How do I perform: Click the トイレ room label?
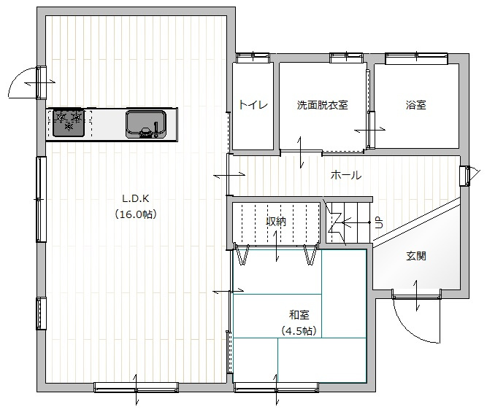[253, 105]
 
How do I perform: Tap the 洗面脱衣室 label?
[322, 105]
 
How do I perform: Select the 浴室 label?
[415, 105]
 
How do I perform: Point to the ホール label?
[345, 175]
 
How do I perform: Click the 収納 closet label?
[276, 221]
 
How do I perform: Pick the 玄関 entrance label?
[416, 256]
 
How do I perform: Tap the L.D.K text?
[136, 198]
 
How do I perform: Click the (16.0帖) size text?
[136, 214]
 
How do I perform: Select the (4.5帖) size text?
[299, 331]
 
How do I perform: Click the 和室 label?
[299, 315]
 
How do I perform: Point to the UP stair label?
[379, 222]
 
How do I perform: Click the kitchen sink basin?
[146, 124]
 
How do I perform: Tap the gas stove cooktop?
[69, 123]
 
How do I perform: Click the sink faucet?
[156, 129]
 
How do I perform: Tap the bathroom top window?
[416, 58]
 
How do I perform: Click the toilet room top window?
[253, 58]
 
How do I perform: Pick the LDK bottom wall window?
[136, 387]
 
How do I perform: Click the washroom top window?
[346, 58]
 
